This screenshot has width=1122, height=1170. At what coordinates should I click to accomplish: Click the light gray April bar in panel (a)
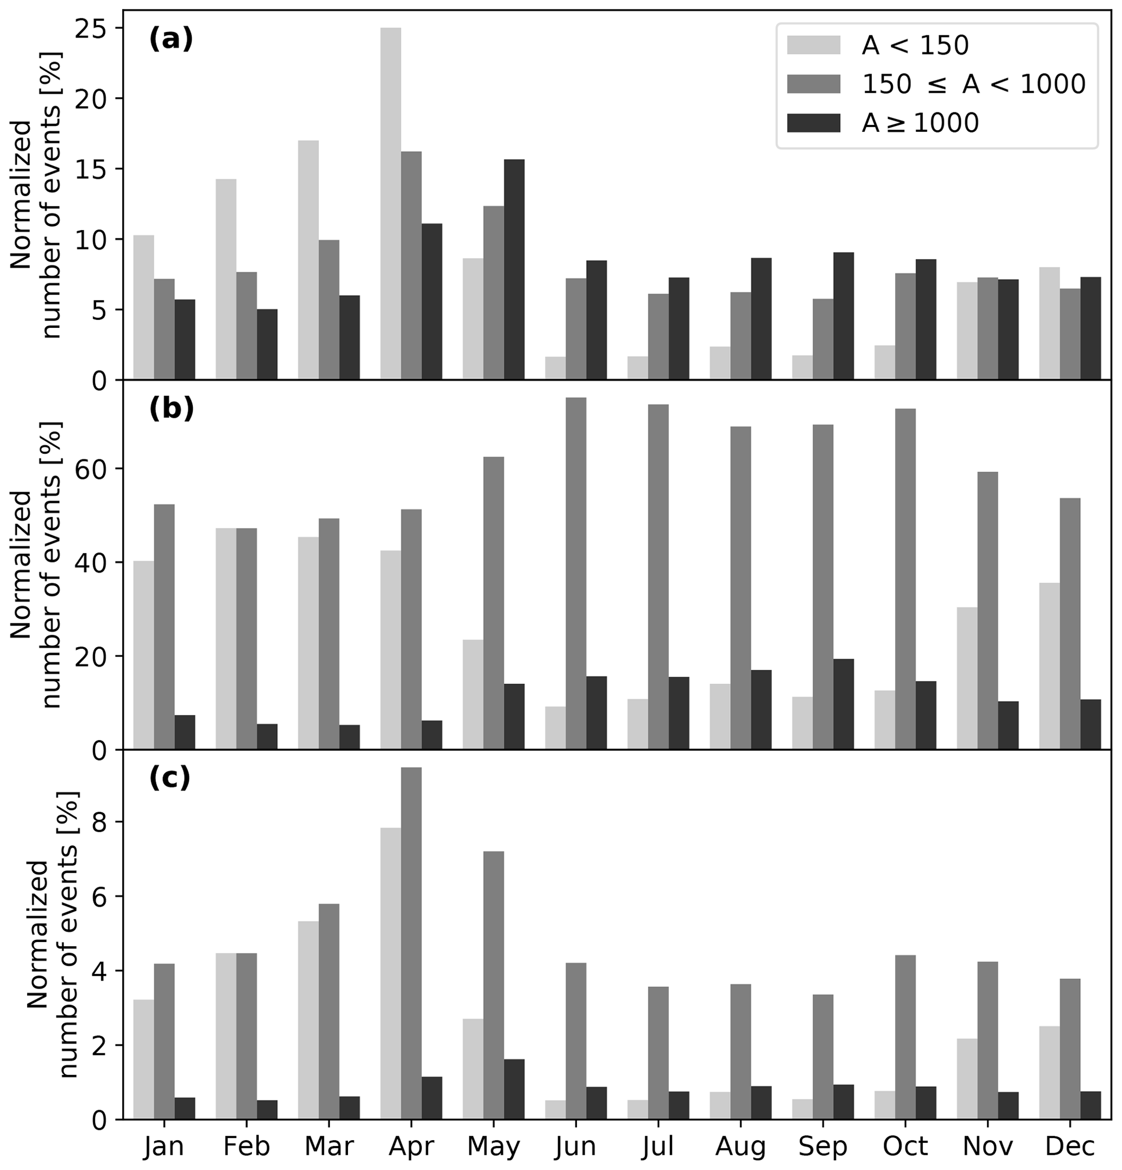point(390,203)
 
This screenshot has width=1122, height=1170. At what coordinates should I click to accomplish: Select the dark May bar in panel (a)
point(514,269)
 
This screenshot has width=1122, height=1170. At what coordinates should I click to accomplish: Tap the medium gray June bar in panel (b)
point(576,573)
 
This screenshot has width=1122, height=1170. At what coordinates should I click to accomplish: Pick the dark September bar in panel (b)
point(844,704)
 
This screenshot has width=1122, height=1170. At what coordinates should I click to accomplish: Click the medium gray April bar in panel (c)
point(411,943)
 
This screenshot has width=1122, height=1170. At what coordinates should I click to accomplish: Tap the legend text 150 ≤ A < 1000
point(973,84)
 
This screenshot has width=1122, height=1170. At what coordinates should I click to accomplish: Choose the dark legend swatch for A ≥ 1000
point(814,123)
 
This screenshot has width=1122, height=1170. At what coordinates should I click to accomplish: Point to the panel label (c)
point(169,778)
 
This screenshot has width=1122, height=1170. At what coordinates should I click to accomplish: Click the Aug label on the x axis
point(740,1146)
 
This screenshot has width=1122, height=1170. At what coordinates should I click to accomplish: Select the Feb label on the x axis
point(246,1146)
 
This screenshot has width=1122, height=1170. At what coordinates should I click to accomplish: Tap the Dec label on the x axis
point(1070,1146)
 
